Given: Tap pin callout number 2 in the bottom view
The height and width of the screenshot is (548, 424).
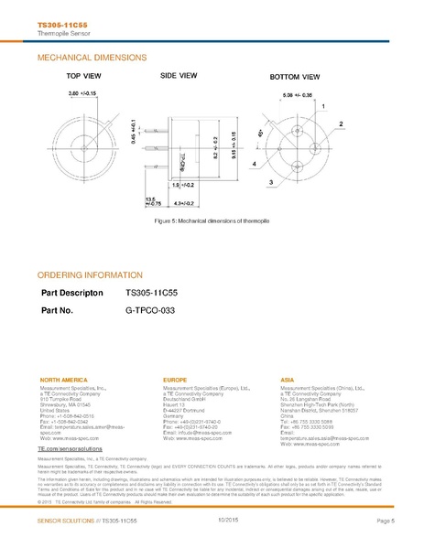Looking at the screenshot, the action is pyautogui.click(x=341, y=123).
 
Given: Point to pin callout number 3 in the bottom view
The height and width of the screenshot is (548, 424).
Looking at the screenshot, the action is pyautogui.click(x=271, y=183).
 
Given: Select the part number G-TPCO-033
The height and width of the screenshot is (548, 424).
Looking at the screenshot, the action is pyautogui.click(x=149, y=310).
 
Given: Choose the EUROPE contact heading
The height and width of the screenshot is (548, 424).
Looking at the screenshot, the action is pyautogui.click(x=174, y=378).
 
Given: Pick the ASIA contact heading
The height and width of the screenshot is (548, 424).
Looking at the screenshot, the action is pyautogui.click(x=287, y=378).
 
